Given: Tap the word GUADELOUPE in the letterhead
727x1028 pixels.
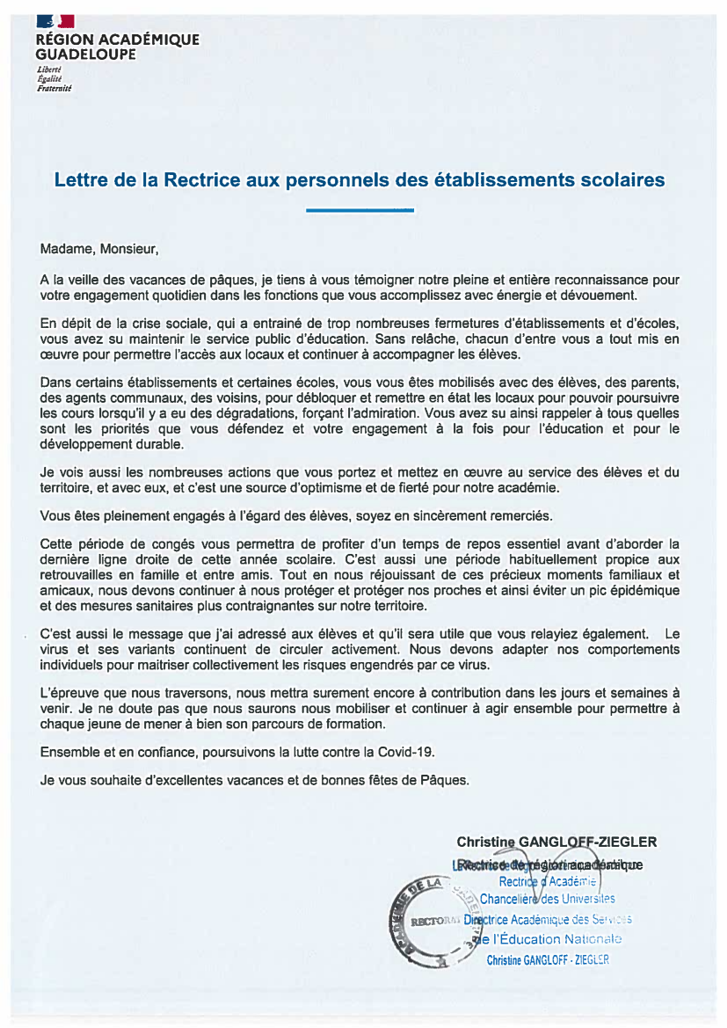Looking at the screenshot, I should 86,55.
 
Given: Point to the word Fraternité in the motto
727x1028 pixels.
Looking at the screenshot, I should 54,89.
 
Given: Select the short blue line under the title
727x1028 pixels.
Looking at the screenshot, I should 360,210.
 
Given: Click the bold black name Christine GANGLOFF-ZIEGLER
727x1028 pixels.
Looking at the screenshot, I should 556,842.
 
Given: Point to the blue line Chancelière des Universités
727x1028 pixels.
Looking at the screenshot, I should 547,899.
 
